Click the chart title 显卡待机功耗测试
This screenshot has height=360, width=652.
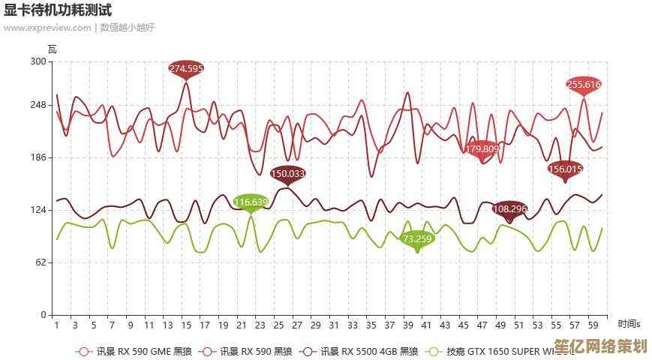(58, 10)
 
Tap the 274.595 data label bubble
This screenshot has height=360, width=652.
(186, 69)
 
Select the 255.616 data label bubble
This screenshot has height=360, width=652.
(584, 85)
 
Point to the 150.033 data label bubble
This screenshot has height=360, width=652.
(288, 173)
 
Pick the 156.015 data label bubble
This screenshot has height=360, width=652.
(566, 169)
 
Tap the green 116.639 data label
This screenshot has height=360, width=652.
(251, 202)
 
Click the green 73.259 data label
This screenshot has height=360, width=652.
(418, 239)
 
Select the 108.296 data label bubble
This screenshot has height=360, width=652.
(510, 208)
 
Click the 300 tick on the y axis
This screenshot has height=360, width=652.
(38, 62)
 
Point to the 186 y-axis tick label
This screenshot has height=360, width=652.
(38, 157)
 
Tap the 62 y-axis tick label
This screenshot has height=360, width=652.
(41, 262)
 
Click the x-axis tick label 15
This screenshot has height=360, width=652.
(186, 325)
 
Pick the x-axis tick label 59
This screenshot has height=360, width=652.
(593, 325)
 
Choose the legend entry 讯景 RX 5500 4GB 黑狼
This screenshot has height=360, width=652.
(361, 351)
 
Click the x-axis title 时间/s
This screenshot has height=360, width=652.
(629, 324)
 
